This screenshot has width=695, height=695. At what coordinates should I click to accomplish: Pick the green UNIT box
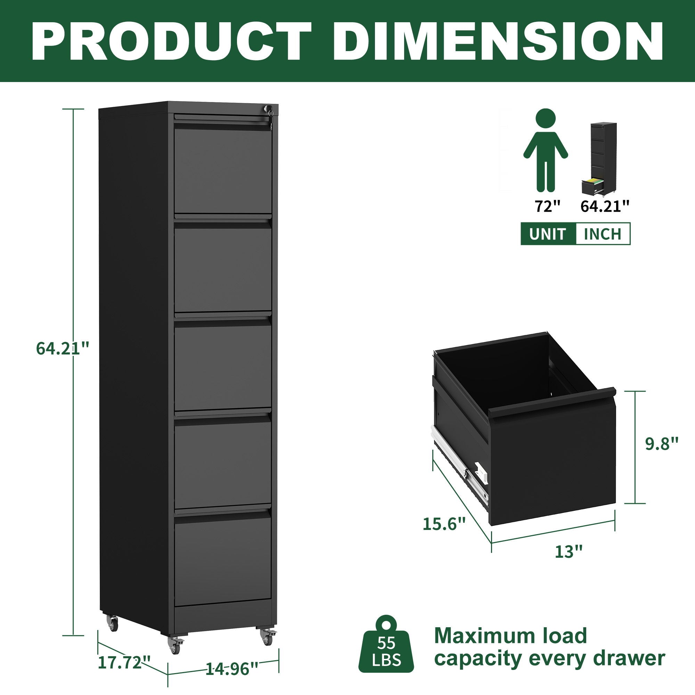pyautogui.click(x=548, y=234)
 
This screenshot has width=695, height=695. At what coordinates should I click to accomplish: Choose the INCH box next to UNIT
pyautogui.click(x=603, y=234)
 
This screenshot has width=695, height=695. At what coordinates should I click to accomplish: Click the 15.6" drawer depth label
pyautogui.click(x=444, y=523)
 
